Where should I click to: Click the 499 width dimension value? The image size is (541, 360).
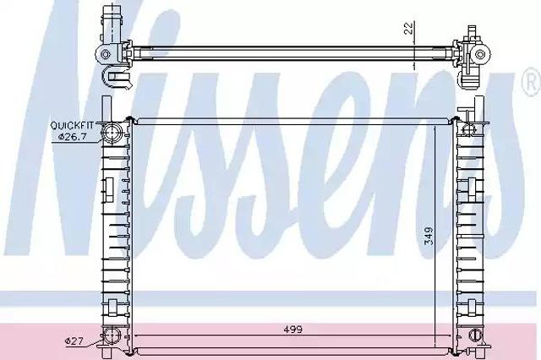click(292, 330)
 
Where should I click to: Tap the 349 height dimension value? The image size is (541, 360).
click(429, 236)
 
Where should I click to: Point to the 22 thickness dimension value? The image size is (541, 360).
click(408, 28)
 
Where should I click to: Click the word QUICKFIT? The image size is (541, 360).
click(72, 126)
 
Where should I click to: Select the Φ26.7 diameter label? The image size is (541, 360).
click(72, 137)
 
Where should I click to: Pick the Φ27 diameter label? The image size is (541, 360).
click(74, 341)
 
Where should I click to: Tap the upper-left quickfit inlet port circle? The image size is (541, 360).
click(112, 134)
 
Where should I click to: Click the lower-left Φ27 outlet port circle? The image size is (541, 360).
click(112, 336)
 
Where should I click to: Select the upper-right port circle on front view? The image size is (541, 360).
click(468, 129)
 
